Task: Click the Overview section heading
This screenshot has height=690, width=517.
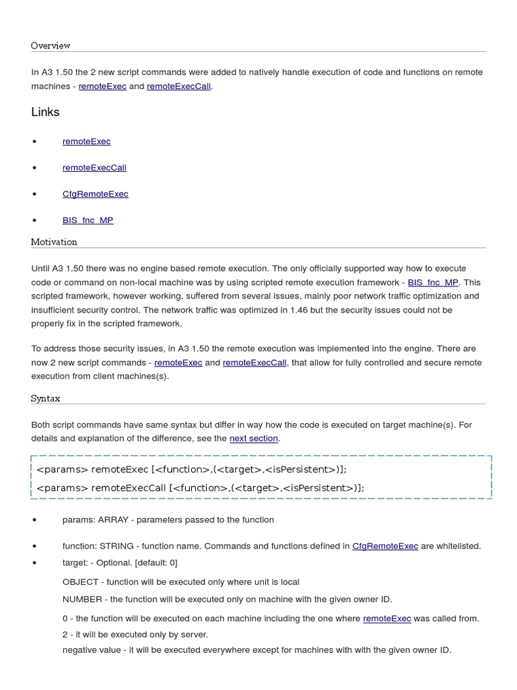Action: tap(50, 46)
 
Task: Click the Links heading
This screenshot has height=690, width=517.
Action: tap(45, 112)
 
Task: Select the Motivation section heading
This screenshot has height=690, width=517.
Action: tap(54, 242)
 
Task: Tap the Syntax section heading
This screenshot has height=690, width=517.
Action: tap(45, 398)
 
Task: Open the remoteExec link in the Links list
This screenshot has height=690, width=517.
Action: tap(86, 142)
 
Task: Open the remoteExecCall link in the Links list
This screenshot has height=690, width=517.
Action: tap(94, 168)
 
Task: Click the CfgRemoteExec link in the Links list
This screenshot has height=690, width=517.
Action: tap(95, 194)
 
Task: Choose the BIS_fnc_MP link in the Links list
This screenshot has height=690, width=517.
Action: tap(88, 220)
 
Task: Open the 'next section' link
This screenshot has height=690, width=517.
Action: tap(254, 439)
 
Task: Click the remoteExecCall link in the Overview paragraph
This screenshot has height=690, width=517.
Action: tap(179, 86)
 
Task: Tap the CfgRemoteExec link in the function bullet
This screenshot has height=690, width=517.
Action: tap(385, 546)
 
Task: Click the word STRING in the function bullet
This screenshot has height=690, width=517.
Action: tap(116, 546)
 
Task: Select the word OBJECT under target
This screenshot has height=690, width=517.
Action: tap(80, 582)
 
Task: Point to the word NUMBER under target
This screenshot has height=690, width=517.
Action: tap(82, 599)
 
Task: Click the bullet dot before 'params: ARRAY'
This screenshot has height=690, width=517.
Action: tap(34, 520)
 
